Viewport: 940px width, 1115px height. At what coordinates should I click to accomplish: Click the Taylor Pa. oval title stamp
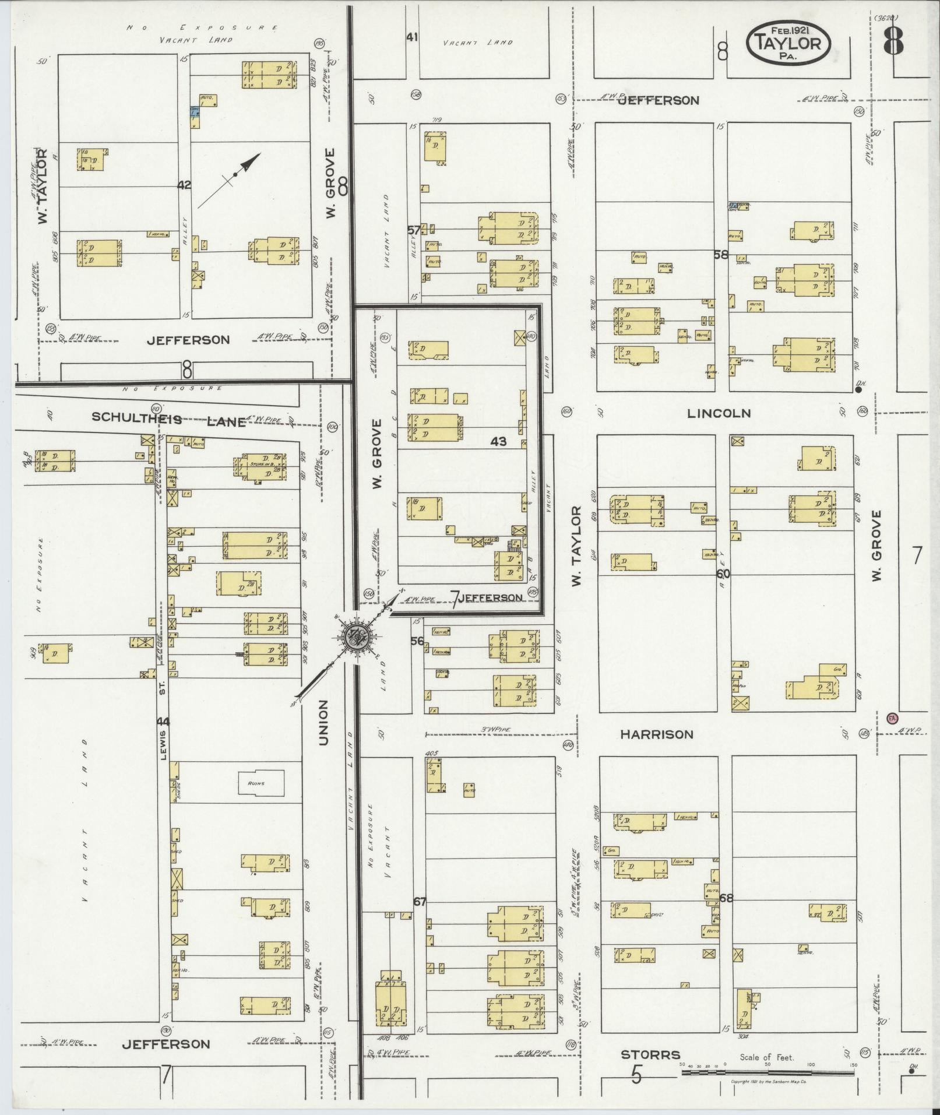[x=787, y=42]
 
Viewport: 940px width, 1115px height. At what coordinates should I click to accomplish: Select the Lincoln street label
[x=719, y=413]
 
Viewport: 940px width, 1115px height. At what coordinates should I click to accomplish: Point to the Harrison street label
[x=657, y=734]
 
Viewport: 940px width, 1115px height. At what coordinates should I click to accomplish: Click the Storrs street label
[x=650, y=1054]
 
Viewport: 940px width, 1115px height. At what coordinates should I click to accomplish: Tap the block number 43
[x=498, y=442]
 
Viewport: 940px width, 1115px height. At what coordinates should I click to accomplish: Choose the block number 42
[x=184, y=185]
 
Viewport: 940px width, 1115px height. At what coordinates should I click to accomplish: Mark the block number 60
[x=723, y=574]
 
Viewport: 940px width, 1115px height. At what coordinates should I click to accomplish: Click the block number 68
[x=726, y=898]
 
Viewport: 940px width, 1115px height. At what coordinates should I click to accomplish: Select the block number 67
[x=420, y=902]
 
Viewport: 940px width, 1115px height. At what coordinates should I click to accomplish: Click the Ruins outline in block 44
[x=262, y=783]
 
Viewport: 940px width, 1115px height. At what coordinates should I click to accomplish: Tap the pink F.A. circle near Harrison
[x=892, y=718]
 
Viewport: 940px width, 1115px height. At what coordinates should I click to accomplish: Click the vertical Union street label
[x=323, y=723]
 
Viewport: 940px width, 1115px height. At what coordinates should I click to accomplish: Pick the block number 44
[x=163, y=722]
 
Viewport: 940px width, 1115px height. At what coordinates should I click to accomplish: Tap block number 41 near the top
[x=413, y=37]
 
